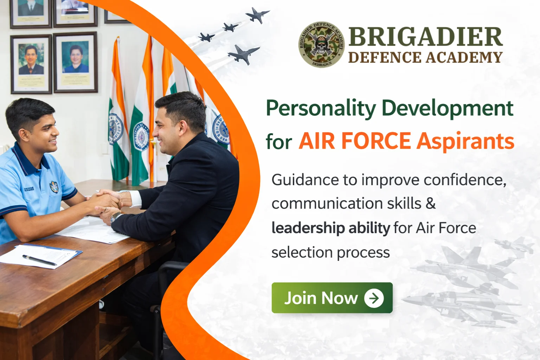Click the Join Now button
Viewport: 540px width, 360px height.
[332, 298]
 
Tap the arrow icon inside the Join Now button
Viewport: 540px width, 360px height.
[374, 298]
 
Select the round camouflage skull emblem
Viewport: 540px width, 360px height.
[321, 44]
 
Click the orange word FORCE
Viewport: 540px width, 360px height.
[376, 141]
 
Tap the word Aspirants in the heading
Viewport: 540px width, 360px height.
[465, 141]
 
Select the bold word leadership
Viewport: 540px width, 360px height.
[308, 228]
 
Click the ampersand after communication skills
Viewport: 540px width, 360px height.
[430, 204]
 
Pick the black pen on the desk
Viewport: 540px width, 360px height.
[39, 260]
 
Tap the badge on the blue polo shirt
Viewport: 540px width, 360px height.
[54, 187]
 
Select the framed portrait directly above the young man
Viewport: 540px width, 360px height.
[31, 64]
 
